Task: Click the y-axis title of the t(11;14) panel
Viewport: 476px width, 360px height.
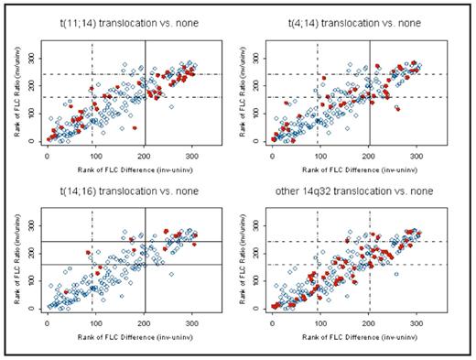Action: (12, 92)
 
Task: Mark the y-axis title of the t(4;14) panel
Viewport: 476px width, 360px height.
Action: (236, 92)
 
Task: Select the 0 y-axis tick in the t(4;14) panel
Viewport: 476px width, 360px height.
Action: (253, 141)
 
